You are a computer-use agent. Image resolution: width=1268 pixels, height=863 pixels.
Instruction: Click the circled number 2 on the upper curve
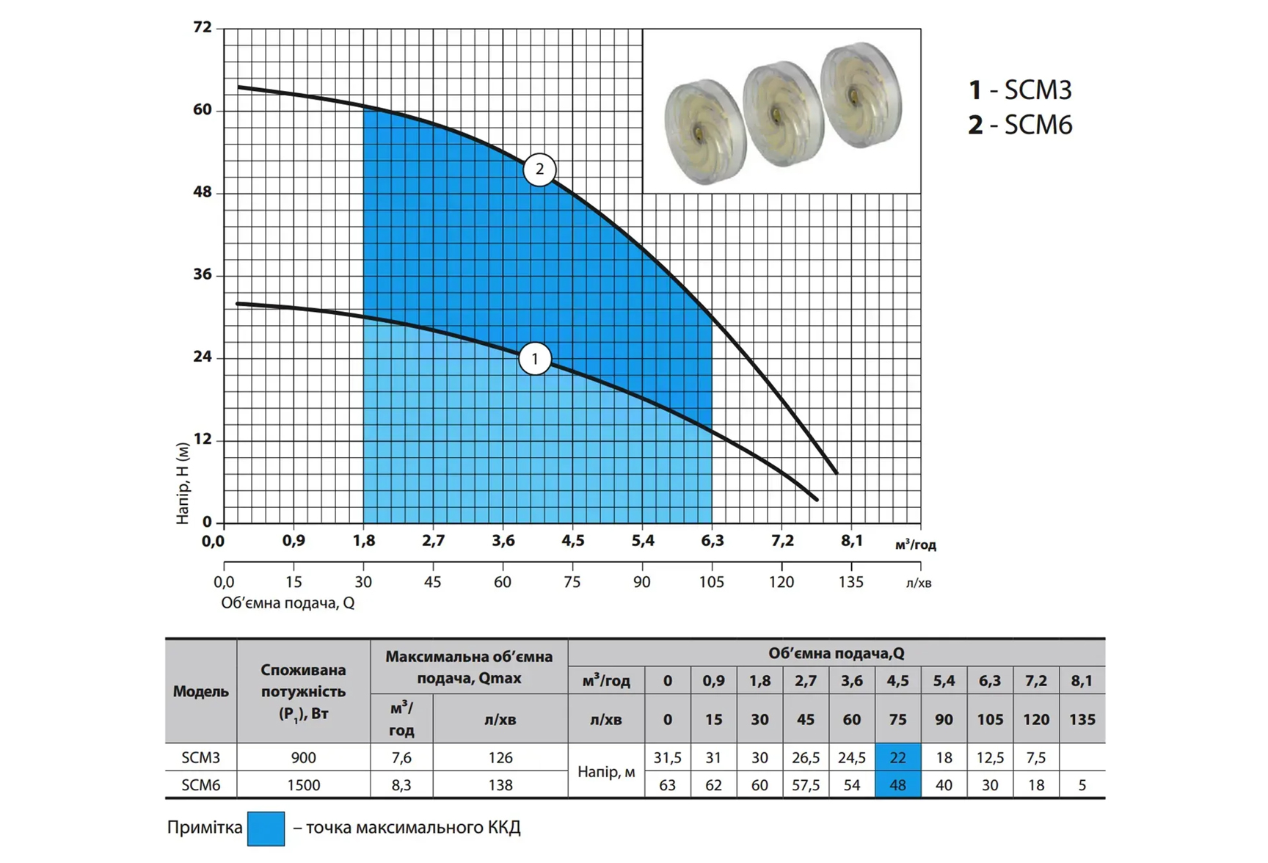point(539,170)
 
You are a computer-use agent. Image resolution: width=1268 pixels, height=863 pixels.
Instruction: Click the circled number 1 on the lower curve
point(535,359)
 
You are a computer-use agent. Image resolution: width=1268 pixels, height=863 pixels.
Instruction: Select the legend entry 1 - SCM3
point(1020,90)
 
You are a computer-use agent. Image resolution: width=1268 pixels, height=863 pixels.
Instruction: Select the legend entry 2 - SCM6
point(1020,125)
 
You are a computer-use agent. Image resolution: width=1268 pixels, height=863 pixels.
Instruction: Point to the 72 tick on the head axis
point(203,28)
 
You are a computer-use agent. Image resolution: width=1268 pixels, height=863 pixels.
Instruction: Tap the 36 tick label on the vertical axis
point(203,274)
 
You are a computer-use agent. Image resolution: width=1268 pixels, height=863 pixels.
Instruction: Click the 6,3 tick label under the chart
point(712,541)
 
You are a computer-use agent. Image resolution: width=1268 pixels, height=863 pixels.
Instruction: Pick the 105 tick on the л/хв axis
point(711,582)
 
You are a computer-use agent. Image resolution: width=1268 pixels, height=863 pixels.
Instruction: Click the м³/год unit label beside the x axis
point(915,545)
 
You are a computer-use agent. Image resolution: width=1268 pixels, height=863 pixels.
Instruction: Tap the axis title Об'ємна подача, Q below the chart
point(288,603)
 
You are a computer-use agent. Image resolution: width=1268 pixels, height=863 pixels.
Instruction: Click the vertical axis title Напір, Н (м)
point(183,482)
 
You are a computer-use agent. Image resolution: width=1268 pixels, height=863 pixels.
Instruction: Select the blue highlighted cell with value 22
point(897,757)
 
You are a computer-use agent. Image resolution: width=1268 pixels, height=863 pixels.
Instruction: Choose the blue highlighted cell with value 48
point(897,784)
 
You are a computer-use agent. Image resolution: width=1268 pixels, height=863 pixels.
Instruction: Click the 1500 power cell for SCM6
point(303,785)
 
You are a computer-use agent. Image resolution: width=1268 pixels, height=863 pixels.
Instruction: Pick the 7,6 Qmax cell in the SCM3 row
point(401,757)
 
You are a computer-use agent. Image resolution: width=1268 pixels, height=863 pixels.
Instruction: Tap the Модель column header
point(200,691)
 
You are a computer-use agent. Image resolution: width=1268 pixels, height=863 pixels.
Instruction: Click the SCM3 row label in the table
point(200,757)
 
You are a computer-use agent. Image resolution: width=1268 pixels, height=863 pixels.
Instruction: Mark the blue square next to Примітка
point(266,829)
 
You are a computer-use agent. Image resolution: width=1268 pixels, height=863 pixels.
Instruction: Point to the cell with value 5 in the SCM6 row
point(1082,785)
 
